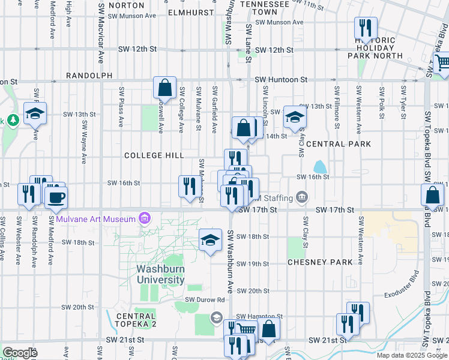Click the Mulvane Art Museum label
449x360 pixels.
coord(96,219)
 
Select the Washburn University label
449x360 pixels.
coord(160,274)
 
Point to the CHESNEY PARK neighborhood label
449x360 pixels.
coord(319,262)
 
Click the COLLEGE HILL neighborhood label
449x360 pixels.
coord(154,155)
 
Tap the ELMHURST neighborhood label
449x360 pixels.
coord(191,12)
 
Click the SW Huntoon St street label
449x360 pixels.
coord(281,79)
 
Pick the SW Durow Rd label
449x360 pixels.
coord(205,299)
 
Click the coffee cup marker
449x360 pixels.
coord(56,197)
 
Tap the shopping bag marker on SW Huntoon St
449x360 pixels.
coord(164,88)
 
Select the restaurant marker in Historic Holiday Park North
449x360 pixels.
coord(365,28)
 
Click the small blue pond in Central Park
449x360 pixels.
coord(320,166)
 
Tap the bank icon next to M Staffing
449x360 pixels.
coord(302,197)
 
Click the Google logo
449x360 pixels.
coord(20,353)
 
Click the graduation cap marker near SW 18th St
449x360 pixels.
coord(210,240)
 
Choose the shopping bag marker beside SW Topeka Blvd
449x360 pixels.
coord(433,196)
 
